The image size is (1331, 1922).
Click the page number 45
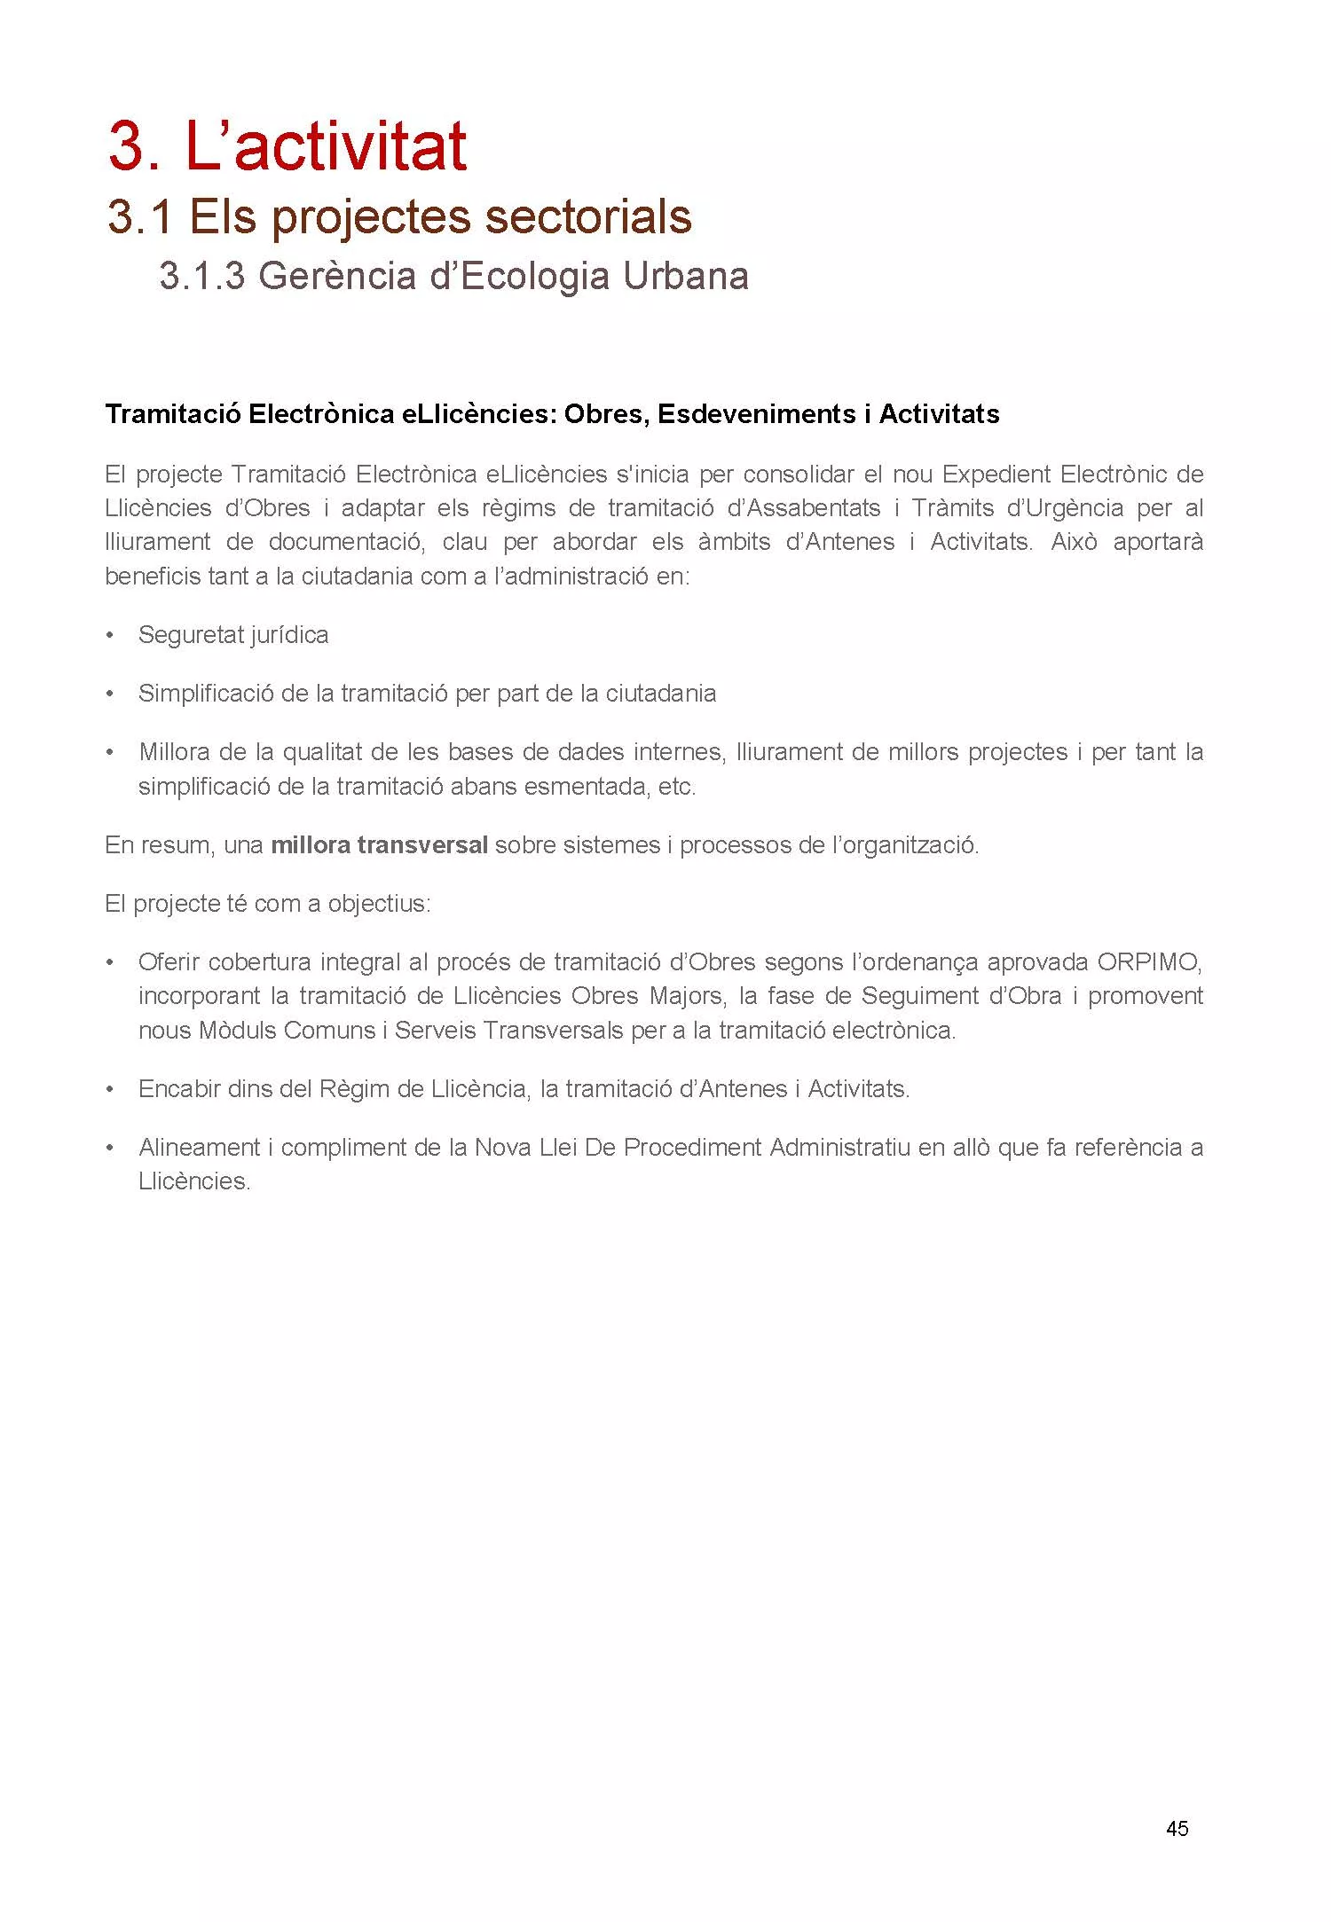pyautogui.click(x=1177, y=1828)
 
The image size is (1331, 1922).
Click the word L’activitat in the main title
pyautogui.click(x=326, y=146)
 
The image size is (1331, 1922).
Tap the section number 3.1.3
pyautogui.click(x=202, y=276)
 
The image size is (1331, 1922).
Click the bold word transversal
pyautogui.click(x=422, y=844)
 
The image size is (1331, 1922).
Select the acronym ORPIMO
pyautogui.click(x=1149, y=962)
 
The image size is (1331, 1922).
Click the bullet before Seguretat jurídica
pyautogui.click(x=110, y=635)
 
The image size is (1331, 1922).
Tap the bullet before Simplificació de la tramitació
pyautogui.click(x=110, y=694)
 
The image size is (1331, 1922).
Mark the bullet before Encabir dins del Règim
pyautogui.click(x=110, y=1089)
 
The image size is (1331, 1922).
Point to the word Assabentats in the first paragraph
pyautogui.click(x=815, y=508)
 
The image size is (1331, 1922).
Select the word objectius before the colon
pyautogui.click(x=379, y=904)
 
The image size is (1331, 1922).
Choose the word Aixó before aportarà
pyautogui.click(x=1074, y=542)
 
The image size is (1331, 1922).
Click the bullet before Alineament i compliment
pyautogui.click(x=110, y=1148)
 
